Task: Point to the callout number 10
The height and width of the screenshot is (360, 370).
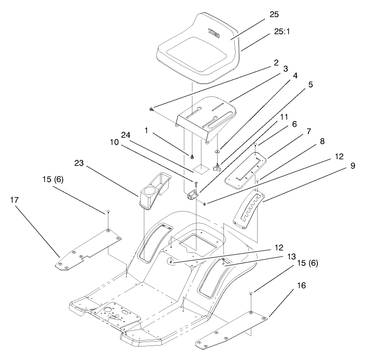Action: click(116, 142)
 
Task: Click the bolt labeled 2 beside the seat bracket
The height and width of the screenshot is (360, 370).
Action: click(152, 108)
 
